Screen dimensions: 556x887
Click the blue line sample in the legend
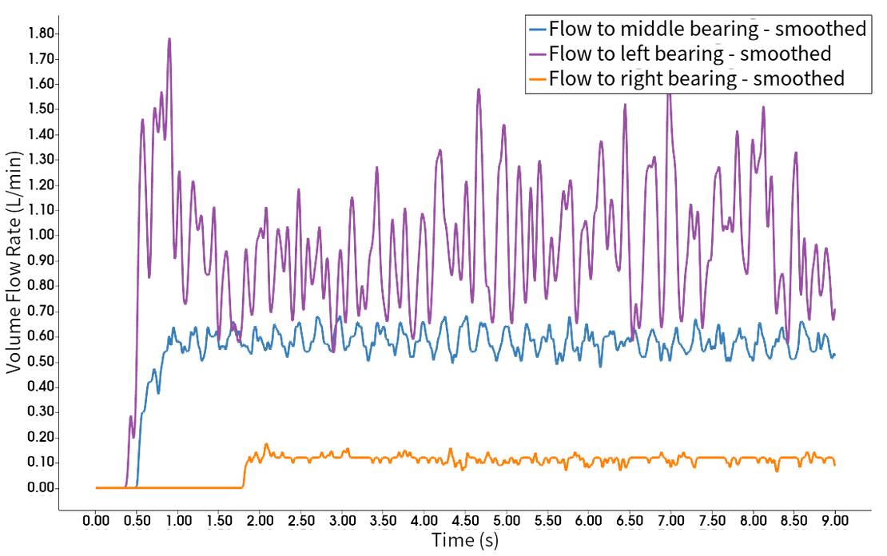point(537,30)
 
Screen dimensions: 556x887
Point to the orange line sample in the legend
point(537,79)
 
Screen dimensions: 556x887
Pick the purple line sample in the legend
point(537,55)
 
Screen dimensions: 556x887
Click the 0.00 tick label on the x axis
point(96,521)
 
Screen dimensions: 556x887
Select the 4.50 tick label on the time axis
point(465,521)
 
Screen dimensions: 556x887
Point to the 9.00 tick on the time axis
point(833,521)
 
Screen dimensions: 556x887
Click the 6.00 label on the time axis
point(588,521)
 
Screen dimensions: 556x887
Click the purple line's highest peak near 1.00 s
point(169,38)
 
